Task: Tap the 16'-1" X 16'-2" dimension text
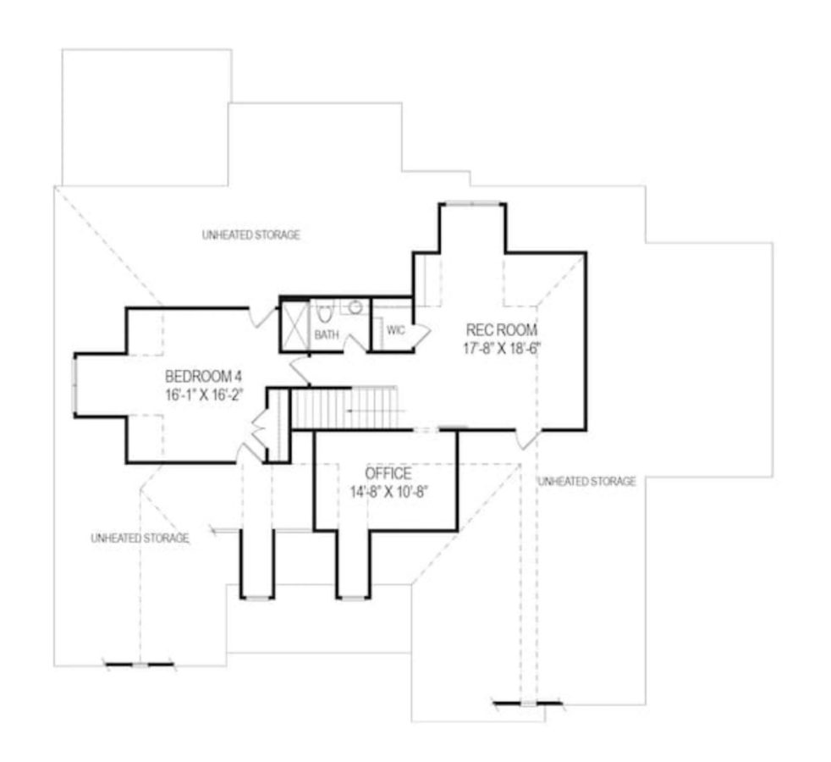[205, 394]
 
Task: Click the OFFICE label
[388, 473]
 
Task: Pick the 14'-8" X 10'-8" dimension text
[388, 491]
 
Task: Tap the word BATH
[327, 335]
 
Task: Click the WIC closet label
[396, 330]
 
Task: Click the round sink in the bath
[356, 307]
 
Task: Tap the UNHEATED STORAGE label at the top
[251, 235]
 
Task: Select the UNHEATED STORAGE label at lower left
[140, 538]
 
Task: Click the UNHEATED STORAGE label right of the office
[586, 481]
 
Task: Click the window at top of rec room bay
[472, 203]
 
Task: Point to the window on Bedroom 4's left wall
[75, 384]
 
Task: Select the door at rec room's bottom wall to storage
[527, 439]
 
